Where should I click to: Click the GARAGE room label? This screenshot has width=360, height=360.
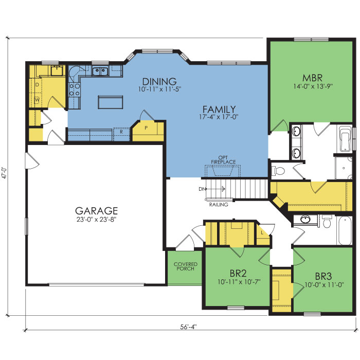tap(97, 211)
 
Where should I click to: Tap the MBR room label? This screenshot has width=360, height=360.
tap(312, 78)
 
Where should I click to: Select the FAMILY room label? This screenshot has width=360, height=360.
tap(219, 109)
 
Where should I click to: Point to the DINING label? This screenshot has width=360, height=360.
tap(159, 81)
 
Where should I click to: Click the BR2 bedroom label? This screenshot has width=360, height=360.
tap(238, 274)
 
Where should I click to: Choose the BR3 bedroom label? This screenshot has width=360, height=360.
tap(323, 277)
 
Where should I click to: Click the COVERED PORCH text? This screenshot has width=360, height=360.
tap(186, 266)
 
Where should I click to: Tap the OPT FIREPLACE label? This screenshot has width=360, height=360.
tap(223, 160)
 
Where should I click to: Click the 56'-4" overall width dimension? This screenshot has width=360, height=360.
tap(189, 327)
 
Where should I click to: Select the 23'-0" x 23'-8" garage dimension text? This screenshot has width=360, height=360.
tap(97, 220)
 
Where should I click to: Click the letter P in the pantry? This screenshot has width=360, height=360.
tap(146, 128)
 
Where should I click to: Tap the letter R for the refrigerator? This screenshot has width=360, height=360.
tap(121, 132)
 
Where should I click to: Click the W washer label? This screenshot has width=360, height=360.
tap(37, 100)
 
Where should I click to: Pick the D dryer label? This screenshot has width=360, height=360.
tap(37, 85)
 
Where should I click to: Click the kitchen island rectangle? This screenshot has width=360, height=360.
tap(111, 102)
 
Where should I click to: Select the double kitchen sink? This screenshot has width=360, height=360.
tap(100, 71)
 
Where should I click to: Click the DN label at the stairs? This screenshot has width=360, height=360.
tap(202, 189)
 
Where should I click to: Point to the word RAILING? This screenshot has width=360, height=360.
tap(219, 205)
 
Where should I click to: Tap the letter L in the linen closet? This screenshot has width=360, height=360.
tap(262, 233)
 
